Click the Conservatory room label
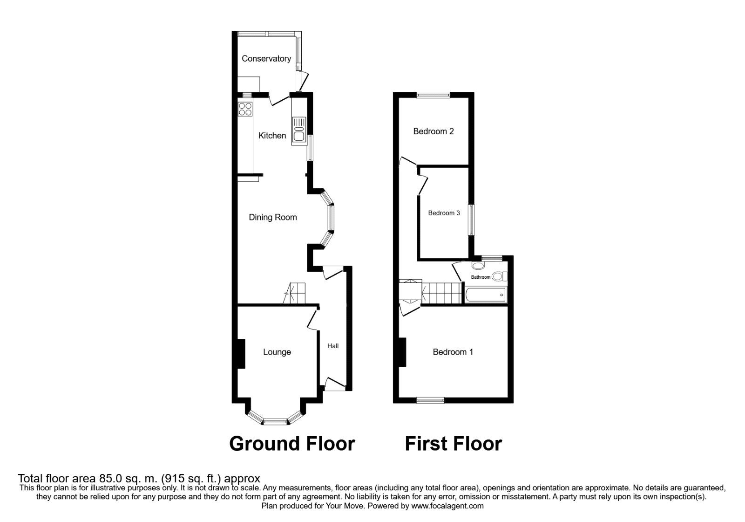pos(266,59)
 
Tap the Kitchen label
pos(272,136)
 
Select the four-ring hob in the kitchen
pos(245,109)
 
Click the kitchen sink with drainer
pos(298,129)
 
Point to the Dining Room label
pos(272,217)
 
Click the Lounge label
pos(277,352)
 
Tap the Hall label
pos(332,346)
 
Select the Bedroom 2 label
pos(433,131)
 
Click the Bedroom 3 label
pos(444,213)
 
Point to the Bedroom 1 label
pos(453,352)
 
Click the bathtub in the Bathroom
pos(485,295)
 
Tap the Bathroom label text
pos(481,277)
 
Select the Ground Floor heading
pos(292,443)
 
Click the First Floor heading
pos(453,443)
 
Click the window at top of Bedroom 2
pos(433,95)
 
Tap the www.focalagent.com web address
pos(447,506)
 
